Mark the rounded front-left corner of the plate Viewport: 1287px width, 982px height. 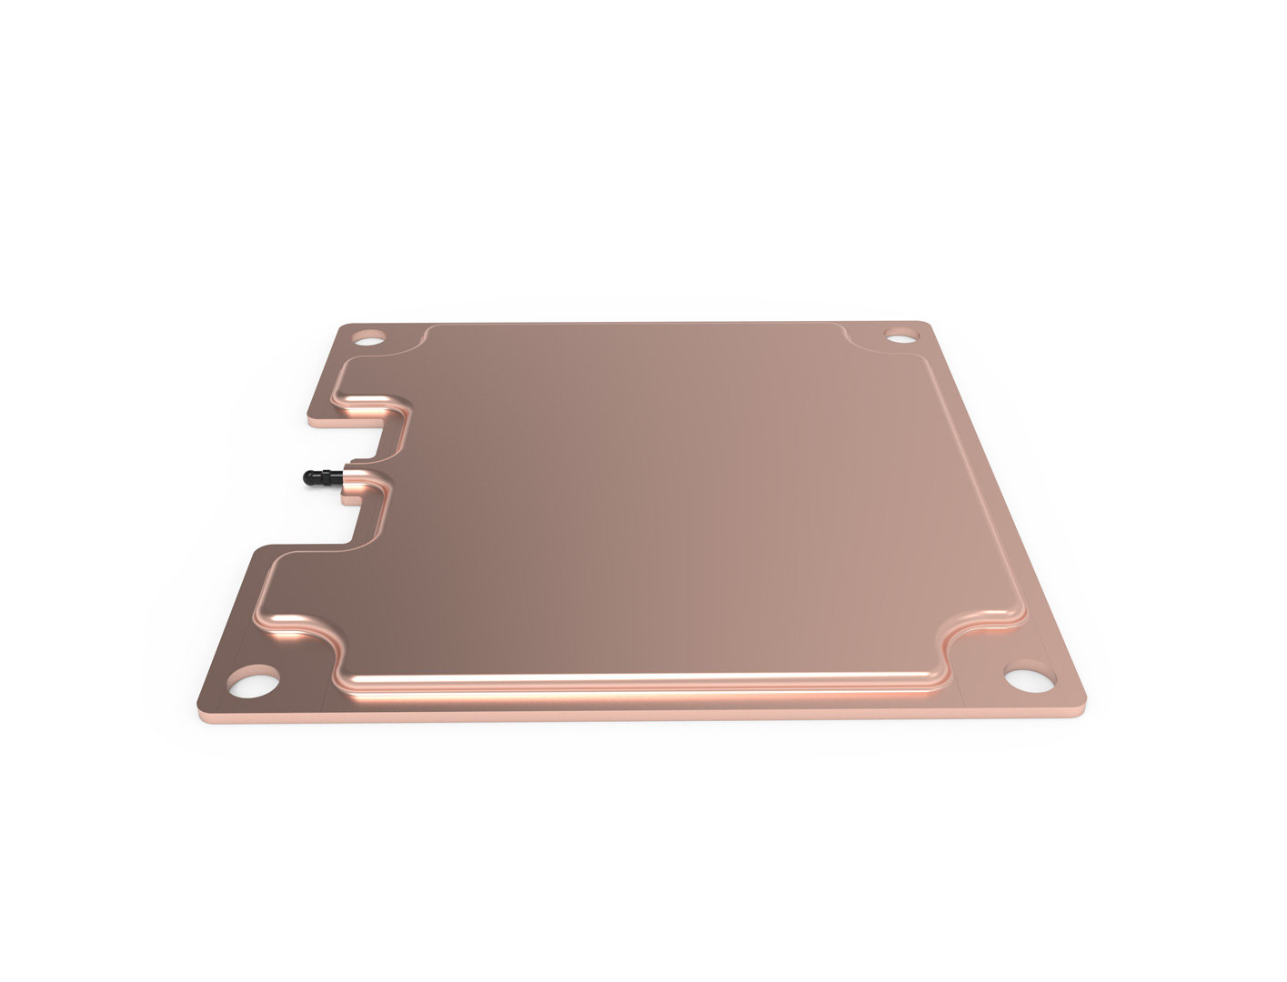tap(206, 704)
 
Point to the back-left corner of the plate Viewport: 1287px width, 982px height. tap(345, 326)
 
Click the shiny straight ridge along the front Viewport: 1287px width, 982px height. tap(637, 678)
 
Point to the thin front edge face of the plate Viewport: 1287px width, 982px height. tap(637, 714)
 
